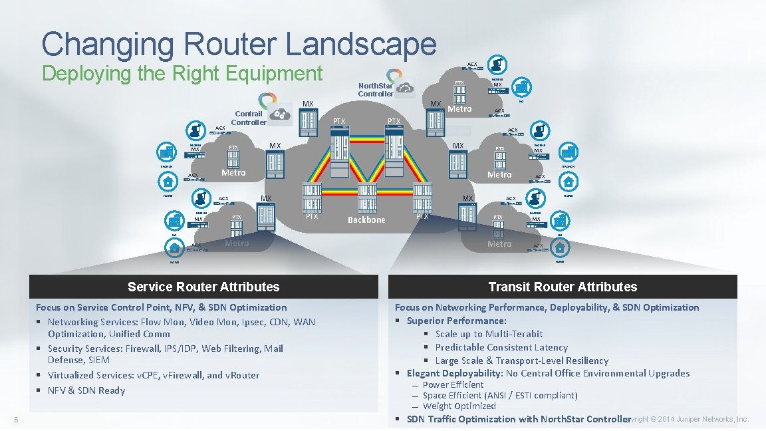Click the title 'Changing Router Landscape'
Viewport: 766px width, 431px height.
coord(239,44)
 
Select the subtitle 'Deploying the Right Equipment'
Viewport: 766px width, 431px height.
coord(182,73)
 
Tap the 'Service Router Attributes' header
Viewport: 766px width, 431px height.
coord(203,287)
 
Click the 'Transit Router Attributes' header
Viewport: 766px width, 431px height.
coord(563,287)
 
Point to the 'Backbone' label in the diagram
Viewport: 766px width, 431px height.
coord(366,220)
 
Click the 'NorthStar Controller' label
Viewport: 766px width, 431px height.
coord(376,90)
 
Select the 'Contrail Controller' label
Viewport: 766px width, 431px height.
coord(249,118)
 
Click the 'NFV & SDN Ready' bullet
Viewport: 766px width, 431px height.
coord(86,390)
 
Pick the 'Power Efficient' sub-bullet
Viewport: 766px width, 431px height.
coord(453,384)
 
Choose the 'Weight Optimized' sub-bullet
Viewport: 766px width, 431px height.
coord(459,406)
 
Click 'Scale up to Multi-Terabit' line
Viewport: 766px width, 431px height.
coord(489,334)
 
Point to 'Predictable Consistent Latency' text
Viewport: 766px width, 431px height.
coord(501,347)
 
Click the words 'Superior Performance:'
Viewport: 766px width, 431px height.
coord(456,321)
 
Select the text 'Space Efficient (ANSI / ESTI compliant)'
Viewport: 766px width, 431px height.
coord(500,395)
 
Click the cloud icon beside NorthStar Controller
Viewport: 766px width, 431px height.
coord(404,87)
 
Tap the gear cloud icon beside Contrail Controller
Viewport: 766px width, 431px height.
coord(280,114)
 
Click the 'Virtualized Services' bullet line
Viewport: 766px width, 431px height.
coord(154,375)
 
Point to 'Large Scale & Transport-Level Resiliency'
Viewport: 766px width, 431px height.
coord(521,360)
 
